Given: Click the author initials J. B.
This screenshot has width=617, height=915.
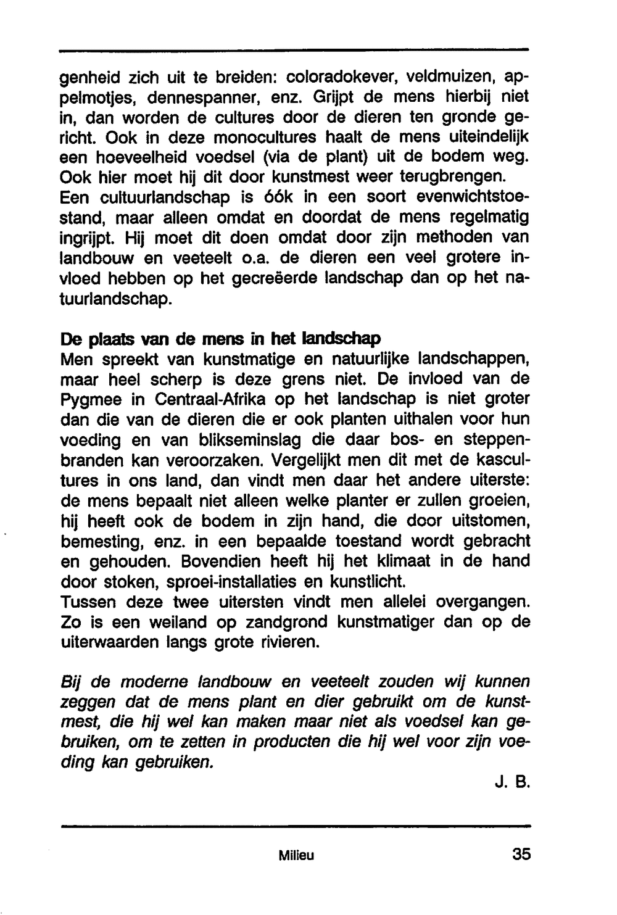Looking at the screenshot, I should [513, 784].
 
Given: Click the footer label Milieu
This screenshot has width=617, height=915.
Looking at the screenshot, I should [296, 856].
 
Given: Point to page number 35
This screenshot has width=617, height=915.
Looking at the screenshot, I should [521, 855].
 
